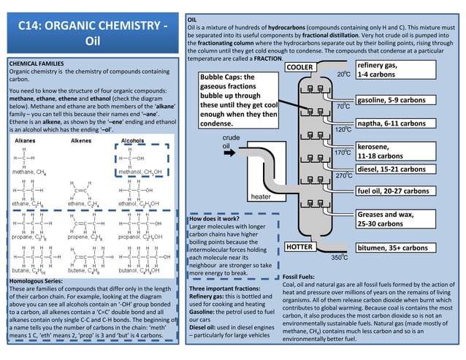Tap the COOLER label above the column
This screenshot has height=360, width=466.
(x=301, y=67)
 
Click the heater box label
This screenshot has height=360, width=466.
(x=261, y=196)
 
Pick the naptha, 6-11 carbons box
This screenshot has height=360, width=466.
(x=392, y=123)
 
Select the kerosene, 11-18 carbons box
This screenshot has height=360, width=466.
(x=388, y=151)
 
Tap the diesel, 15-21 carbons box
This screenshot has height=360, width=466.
(x=392, y=169)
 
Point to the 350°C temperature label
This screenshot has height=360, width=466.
(x=339, y=258)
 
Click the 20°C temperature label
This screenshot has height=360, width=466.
(x=345, y=74)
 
